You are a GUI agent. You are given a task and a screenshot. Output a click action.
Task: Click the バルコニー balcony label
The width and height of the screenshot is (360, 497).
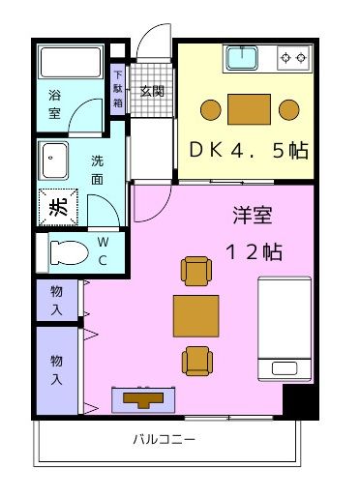coord(164,440)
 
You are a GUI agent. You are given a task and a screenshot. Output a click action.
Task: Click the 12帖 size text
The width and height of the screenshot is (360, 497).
coord(253,251)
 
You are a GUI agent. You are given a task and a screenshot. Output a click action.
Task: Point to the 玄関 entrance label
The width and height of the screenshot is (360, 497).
coord(151,92)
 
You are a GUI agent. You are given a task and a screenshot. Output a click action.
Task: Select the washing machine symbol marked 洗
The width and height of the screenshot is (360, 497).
coord(55,205)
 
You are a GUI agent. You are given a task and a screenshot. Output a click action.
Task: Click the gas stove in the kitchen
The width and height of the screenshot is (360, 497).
coord(293,60)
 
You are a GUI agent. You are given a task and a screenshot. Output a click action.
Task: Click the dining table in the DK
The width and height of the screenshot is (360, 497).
coord(249,107)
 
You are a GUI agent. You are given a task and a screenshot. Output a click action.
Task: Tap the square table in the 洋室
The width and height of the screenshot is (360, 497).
coord(195,315)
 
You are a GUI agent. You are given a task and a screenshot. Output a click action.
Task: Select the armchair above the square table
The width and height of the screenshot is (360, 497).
coord(195,272)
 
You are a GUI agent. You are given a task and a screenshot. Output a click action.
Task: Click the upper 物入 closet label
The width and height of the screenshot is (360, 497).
coord(58,299)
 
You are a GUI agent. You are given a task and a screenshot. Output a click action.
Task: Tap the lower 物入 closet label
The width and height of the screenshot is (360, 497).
coord(58,371)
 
